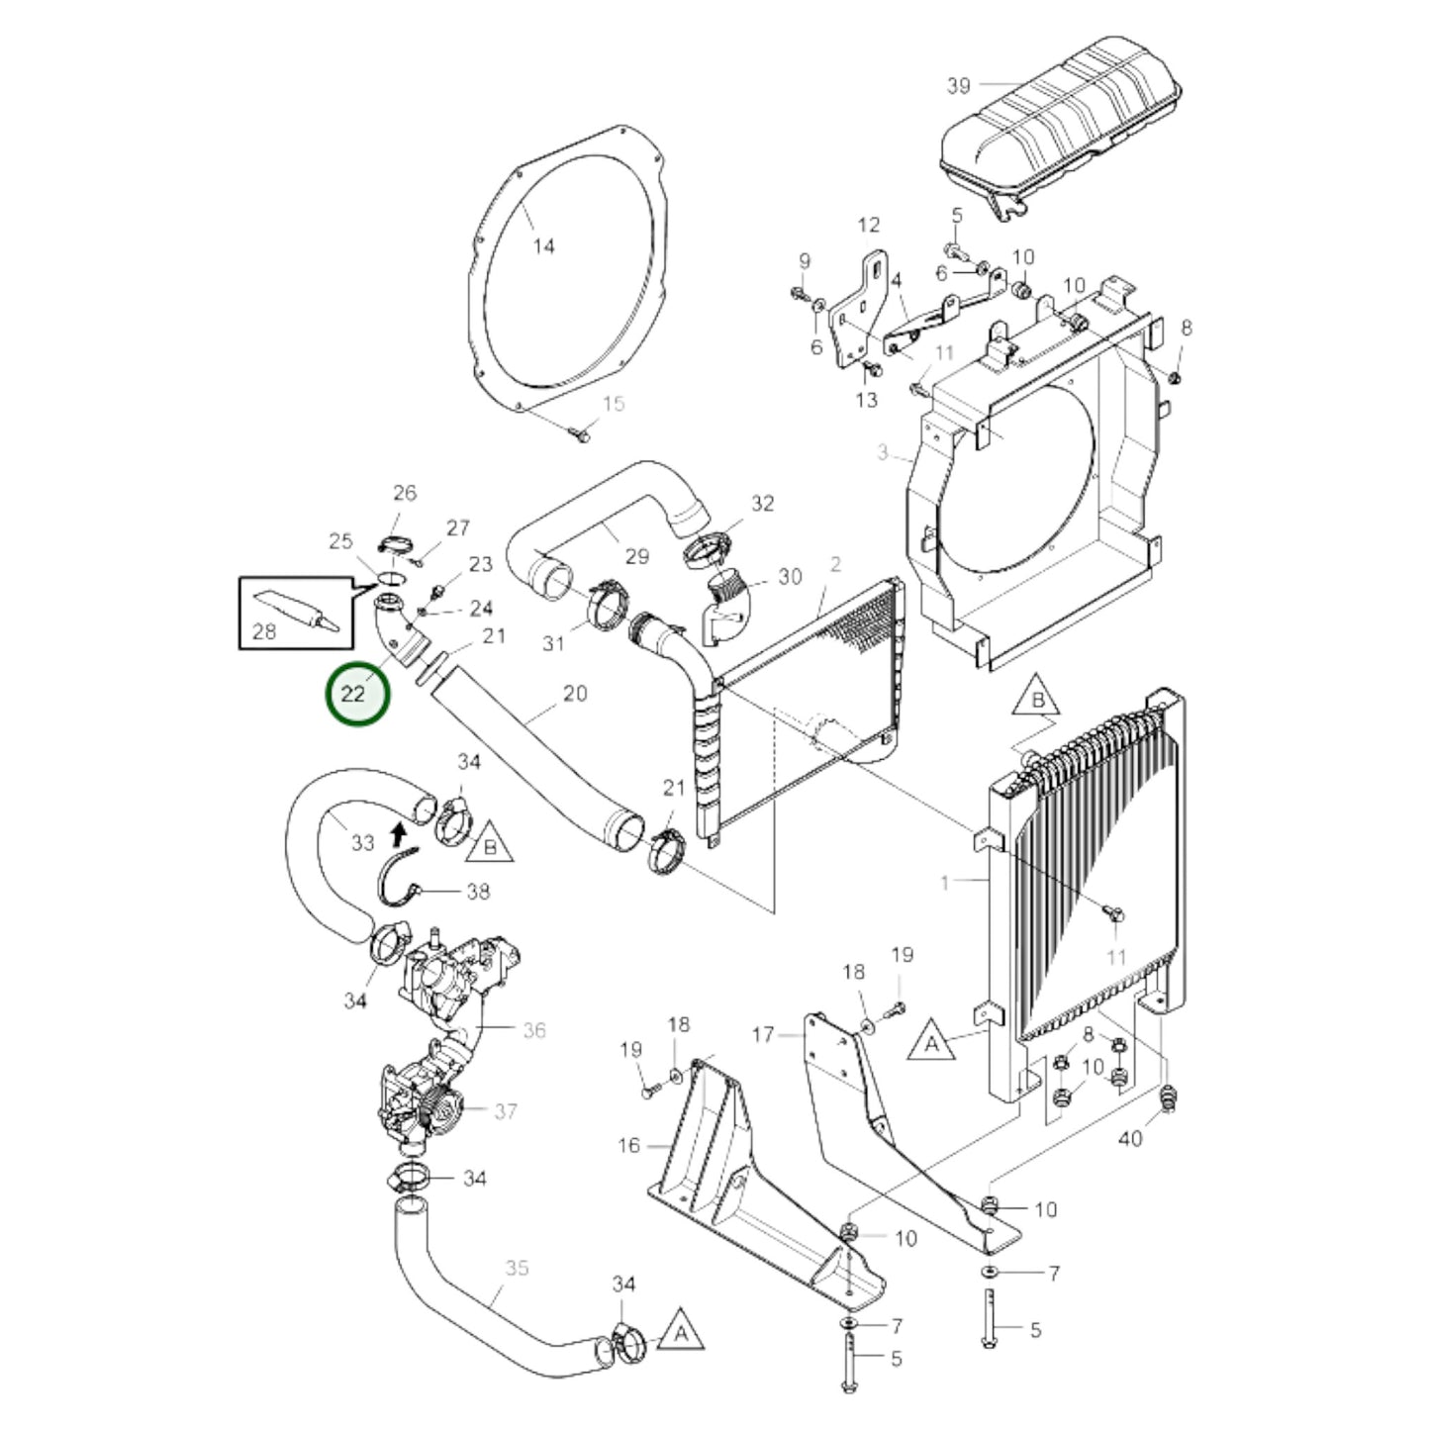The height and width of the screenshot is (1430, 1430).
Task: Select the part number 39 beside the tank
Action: [958, 86]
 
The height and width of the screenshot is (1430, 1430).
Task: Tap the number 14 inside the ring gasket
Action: [544, 246]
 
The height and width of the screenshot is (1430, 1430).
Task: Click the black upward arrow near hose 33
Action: [399, 834]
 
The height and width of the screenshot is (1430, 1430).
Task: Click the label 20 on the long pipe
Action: [574, 694]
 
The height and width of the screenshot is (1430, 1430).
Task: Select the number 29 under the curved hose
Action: [636, 556]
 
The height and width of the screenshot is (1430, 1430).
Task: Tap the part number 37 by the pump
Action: [506, 1111]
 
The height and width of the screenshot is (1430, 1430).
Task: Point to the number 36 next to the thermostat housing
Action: [534, 1030]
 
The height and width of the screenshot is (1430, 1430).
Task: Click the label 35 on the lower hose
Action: [517, 1268]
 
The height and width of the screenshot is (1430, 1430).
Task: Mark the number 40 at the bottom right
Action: [1129, 1138]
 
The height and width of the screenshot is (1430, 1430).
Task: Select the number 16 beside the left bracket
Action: [629, 1145]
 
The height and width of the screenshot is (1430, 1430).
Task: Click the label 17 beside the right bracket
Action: [763, 1036]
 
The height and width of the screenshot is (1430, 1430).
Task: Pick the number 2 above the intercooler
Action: [835, 564]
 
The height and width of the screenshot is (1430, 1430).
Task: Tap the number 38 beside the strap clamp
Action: [478, 892]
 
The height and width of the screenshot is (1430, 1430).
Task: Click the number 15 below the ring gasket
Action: [614, 404]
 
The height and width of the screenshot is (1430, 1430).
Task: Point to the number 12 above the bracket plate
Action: [868, 226]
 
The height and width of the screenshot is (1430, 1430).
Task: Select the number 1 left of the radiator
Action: [944, 881]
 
